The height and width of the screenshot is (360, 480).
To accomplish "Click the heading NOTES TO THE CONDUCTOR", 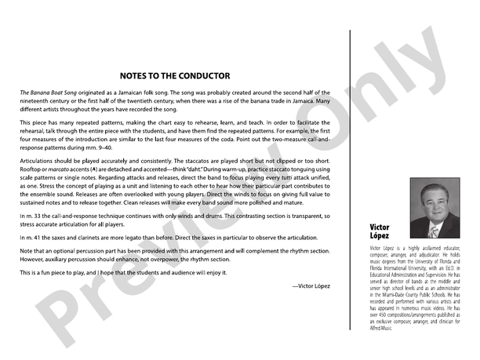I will click(175, 76).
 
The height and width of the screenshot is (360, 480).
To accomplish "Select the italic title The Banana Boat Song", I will click(51, 93).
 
